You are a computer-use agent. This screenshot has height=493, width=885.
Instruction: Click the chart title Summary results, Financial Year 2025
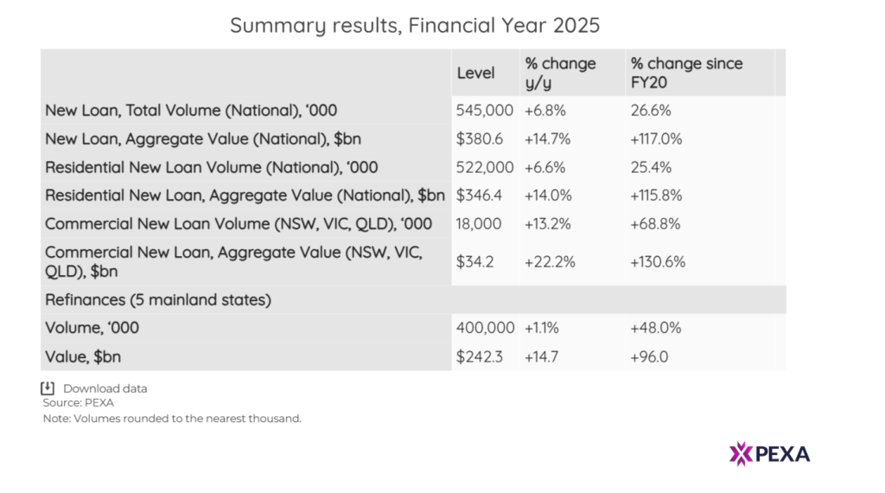coord(415,25)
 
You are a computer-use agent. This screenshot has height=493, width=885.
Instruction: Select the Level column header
coord(475,73)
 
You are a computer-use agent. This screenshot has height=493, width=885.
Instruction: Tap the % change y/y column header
coord(559,73)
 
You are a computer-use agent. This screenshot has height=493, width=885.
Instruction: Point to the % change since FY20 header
coord(686,73)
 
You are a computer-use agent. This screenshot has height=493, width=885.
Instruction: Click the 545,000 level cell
coord(485,111)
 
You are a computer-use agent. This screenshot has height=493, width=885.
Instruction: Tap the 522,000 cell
coord(485,167)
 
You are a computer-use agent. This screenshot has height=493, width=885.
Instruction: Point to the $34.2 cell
coord(475,261)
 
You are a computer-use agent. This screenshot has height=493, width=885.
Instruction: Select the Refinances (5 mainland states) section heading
coord(158,300)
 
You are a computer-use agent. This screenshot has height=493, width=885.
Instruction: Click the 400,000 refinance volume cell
coord(486,328)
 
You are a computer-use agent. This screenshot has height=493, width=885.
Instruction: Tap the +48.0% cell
coord(656,328)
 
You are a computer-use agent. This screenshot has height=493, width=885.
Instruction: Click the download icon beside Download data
coord(48,387)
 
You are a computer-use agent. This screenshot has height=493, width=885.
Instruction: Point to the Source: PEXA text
coord(78,402)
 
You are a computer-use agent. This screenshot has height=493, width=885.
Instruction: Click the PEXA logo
coord(770,452)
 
